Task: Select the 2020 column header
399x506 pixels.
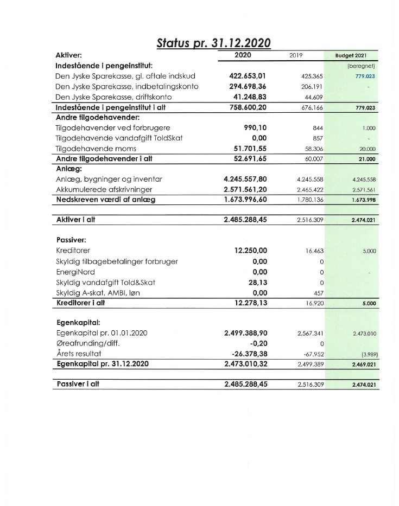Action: coord(243,55)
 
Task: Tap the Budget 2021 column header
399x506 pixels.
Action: coord(351,56)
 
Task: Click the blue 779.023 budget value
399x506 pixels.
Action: coord(365,76)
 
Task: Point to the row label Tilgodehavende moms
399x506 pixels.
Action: coord(96,148)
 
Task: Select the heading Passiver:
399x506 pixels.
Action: coord(71,240)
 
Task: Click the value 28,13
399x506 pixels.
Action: coord(258,282)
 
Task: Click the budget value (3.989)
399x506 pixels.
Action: coord(368,354)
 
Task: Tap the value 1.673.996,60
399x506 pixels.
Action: coord(245,200)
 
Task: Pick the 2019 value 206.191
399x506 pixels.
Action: coord(312,87)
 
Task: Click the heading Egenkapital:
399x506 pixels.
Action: coord(77,322)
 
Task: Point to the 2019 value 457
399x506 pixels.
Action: coord(318,293)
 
